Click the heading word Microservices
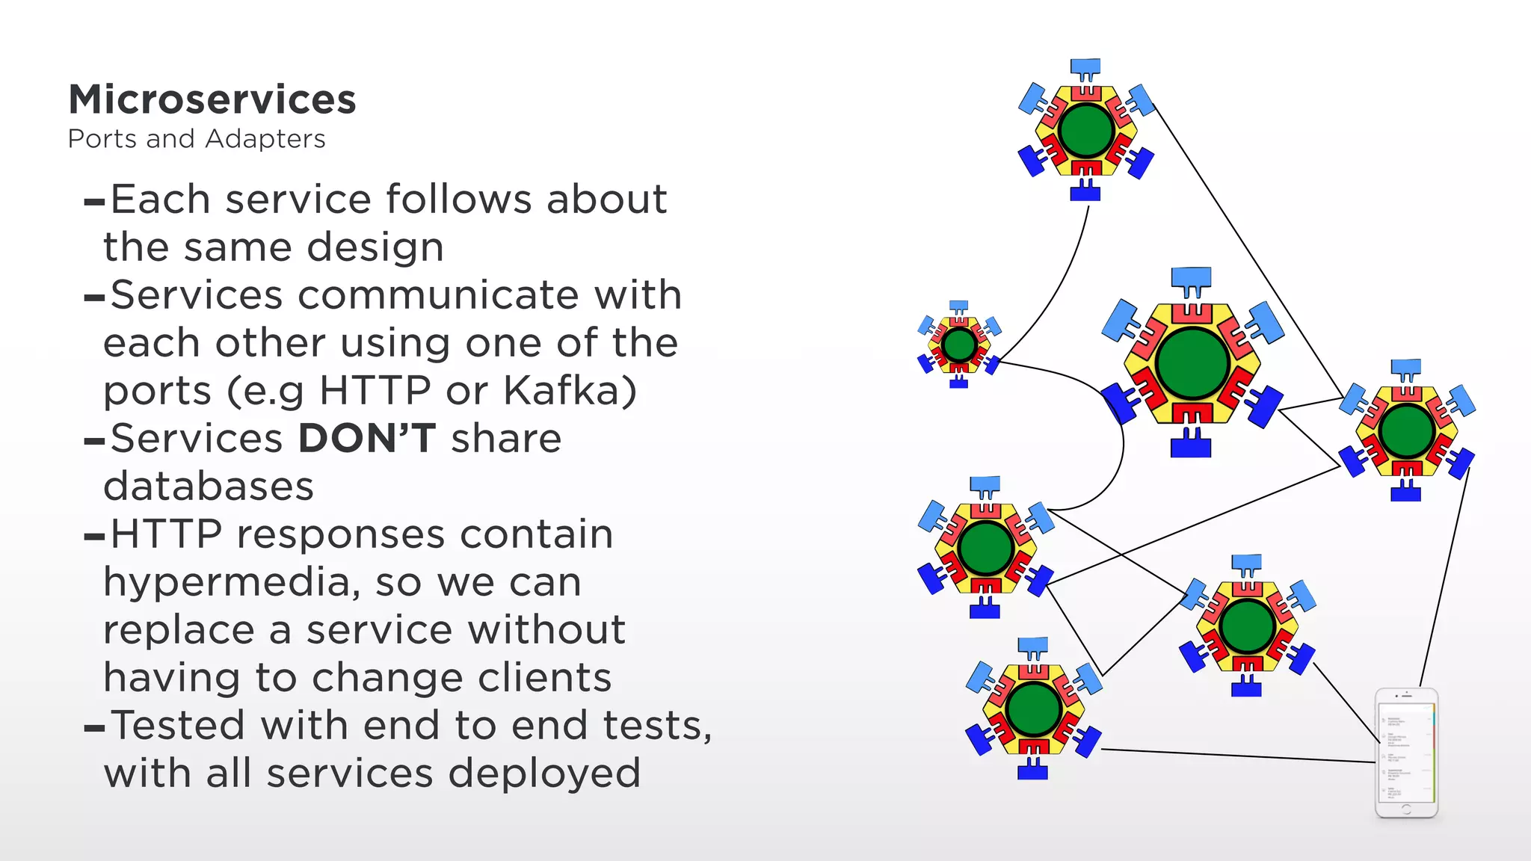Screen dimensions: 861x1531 pos(212,99)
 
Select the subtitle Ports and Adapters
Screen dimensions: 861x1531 pos(197,139)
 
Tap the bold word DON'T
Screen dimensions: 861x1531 pos(366,439)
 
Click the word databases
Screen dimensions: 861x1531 pos(209,487)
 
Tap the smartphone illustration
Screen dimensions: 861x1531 pos(1406,753)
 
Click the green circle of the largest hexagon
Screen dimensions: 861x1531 pos(1192,363)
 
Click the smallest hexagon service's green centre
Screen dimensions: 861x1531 pos(959,345)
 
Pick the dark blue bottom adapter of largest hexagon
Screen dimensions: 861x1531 pos(1190,446)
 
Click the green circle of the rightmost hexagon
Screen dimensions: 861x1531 pos(1406,430)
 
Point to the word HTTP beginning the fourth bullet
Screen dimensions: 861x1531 pos(166,535)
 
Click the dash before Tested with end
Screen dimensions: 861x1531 pos(94,728)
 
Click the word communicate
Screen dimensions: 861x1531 pos(441,295)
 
